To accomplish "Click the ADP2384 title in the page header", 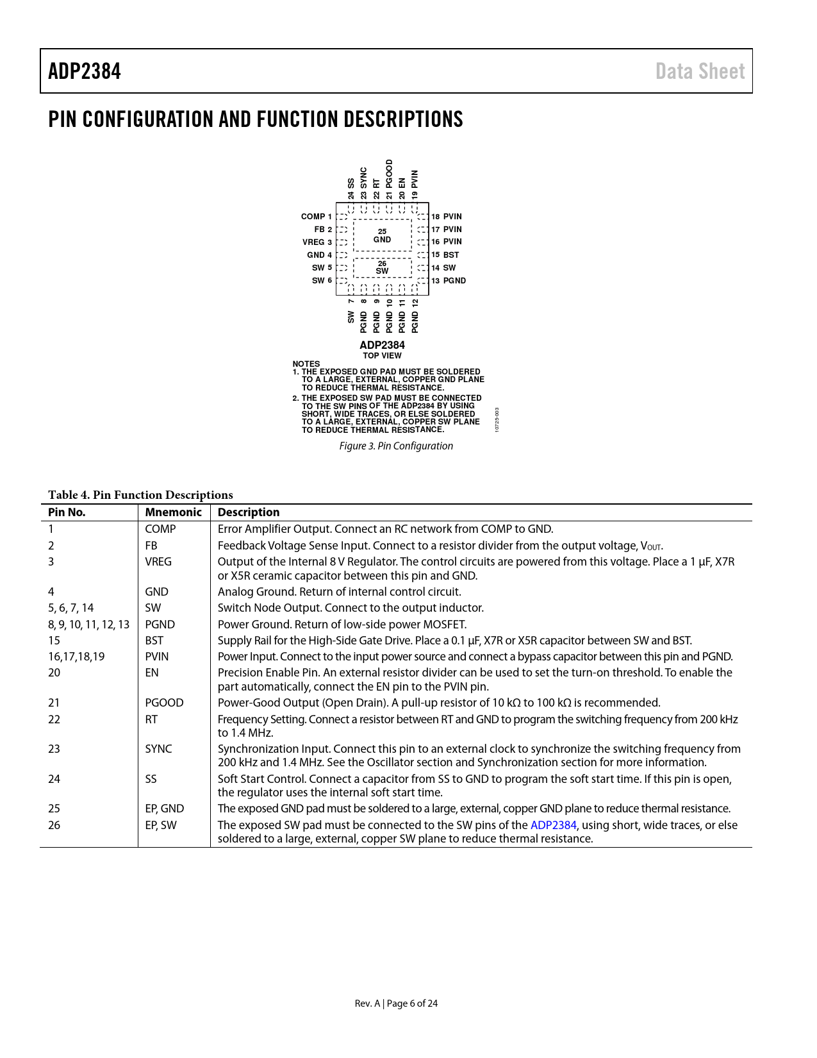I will click(x=85, y=71).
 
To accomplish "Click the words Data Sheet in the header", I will click(x=700, y=71).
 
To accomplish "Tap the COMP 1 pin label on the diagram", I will click(x=317, y=217).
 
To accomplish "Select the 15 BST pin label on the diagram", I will click(x=445, y=255).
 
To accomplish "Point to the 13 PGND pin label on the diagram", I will click(x=449, y=281).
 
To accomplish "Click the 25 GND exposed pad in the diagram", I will click(x=382, y=235).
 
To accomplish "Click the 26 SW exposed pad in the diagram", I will click(x=382, y=267).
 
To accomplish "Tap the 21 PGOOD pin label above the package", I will click(x=389, y=179).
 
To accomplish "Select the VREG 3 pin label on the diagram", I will click(x=317, y=242).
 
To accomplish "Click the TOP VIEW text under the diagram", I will click(x=382, y=356).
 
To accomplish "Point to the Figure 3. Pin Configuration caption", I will click(x=396, y=446).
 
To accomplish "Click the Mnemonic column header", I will click(x=173, y=512).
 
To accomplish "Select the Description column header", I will click(x=249, y=512).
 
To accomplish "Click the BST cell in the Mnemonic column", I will click(x=154, y=641).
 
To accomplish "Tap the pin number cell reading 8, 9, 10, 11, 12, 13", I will click(x=88, y=625).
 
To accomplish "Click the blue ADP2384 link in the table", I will click(x=553, y=825).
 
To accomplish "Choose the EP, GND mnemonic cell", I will click(x=164, y=809).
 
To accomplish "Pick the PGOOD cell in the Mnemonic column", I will click(x=164, y=703).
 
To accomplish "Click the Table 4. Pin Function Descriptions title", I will click(x=140, y=495).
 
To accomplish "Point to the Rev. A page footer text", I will click(x=396, y=1003).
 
